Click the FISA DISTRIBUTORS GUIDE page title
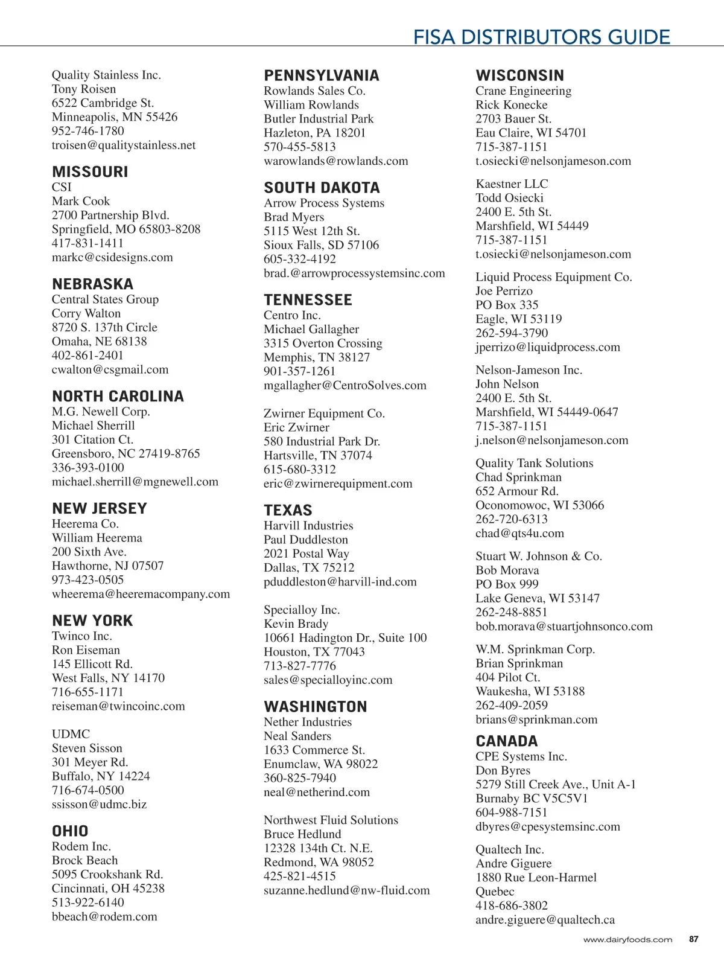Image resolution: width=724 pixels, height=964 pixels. [x=541, y=37]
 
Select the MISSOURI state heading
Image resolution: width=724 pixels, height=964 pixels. [x=90, y=172]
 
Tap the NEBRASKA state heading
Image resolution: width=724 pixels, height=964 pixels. [x=92, y=284]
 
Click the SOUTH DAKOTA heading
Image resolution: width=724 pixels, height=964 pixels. [x=322, y=188]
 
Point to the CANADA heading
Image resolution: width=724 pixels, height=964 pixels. [x=506, y=741]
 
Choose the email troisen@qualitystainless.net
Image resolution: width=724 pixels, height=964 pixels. [x=124, y=145]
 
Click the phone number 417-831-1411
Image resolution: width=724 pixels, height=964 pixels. [x=87, y=243]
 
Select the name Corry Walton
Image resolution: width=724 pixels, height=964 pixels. [x=86, y=313]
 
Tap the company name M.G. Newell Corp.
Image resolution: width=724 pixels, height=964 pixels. [x=101, y=412]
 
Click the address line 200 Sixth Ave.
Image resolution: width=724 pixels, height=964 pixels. [x=89, y=552]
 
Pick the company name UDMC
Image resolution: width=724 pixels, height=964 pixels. [x=71, y=734]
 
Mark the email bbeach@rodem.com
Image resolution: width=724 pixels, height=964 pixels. [x=104, y=916]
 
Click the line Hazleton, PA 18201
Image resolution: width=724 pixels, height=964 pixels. [x=314, y=133]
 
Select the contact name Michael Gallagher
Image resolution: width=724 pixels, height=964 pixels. [x=311, y=329]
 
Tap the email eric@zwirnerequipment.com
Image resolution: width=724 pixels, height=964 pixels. [x=338, y=484]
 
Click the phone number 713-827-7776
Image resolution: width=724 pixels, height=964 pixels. [x=300, y=666]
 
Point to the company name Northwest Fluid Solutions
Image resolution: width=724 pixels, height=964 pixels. [x=331, y=820]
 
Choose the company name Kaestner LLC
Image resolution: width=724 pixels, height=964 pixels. [x=512, y=184]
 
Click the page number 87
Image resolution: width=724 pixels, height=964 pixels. [x=694, y=939]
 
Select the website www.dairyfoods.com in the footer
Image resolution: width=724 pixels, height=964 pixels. [x=627, y=940]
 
